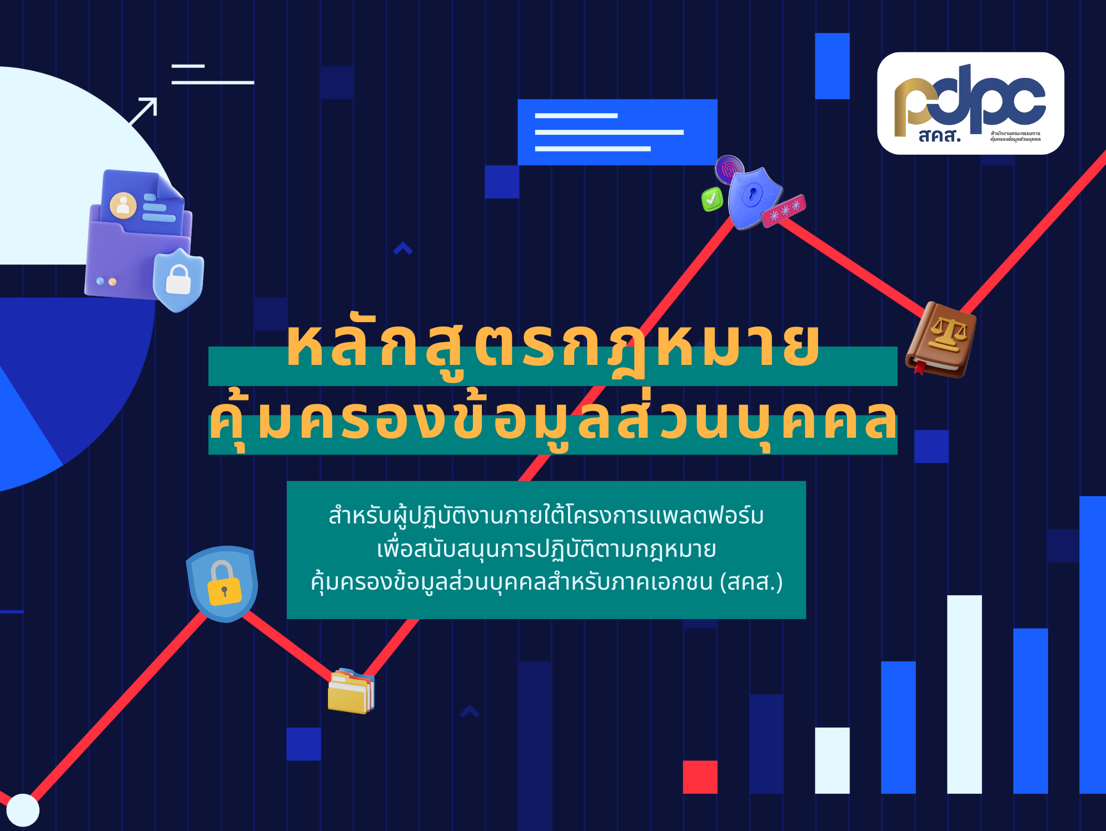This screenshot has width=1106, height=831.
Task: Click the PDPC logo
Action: (970, 103)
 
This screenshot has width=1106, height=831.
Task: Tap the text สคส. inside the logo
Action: (939, 135)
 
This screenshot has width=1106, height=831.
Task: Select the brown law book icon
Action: (941, 339)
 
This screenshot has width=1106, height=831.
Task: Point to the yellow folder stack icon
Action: (351, 691)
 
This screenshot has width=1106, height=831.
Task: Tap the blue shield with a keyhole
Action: (753, 197)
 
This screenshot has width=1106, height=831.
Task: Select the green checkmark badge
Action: (712, 199)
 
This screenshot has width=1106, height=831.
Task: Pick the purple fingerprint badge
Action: (729, 169)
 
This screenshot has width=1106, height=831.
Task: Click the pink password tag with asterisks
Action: (784, 211)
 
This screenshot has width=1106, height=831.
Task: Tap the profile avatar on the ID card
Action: (123, 205)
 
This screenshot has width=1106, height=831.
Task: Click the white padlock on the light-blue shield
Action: (178, 279)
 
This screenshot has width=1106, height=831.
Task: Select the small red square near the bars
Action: (700, 776)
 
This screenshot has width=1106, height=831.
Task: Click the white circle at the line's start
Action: (22, 810)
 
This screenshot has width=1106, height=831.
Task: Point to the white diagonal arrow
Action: (143, 111)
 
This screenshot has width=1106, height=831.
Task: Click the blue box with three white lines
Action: (617, 132)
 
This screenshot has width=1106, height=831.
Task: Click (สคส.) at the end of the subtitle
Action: (751, 582)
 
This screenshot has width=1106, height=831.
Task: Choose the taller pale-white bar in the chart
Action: (964, 694)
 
